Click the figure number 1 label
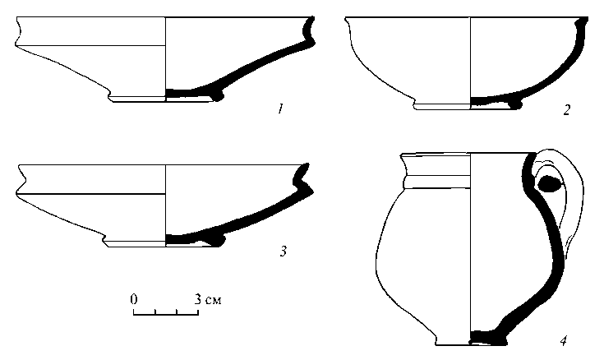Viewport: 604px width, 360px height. (x=280, y=109)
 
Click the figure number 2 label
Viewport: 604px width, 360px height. (x=566, y=110)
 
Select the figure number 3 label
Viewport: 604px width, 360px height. (x=284, y=252)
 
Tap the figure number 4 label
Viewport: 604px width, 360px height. (x=564, y=341)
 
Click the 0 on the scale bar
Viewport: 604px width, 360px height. (x=134, y=299)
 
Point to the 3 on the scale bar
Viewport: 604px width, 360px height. (x=197, y=299)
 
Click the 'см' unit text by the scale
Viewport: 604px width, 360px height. (x=213, y=300)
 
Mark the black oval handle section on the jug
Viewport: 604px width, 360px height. (x=549, y=183)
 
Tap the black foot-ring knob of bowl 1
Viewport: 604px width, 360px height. (x=218, y=96)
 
